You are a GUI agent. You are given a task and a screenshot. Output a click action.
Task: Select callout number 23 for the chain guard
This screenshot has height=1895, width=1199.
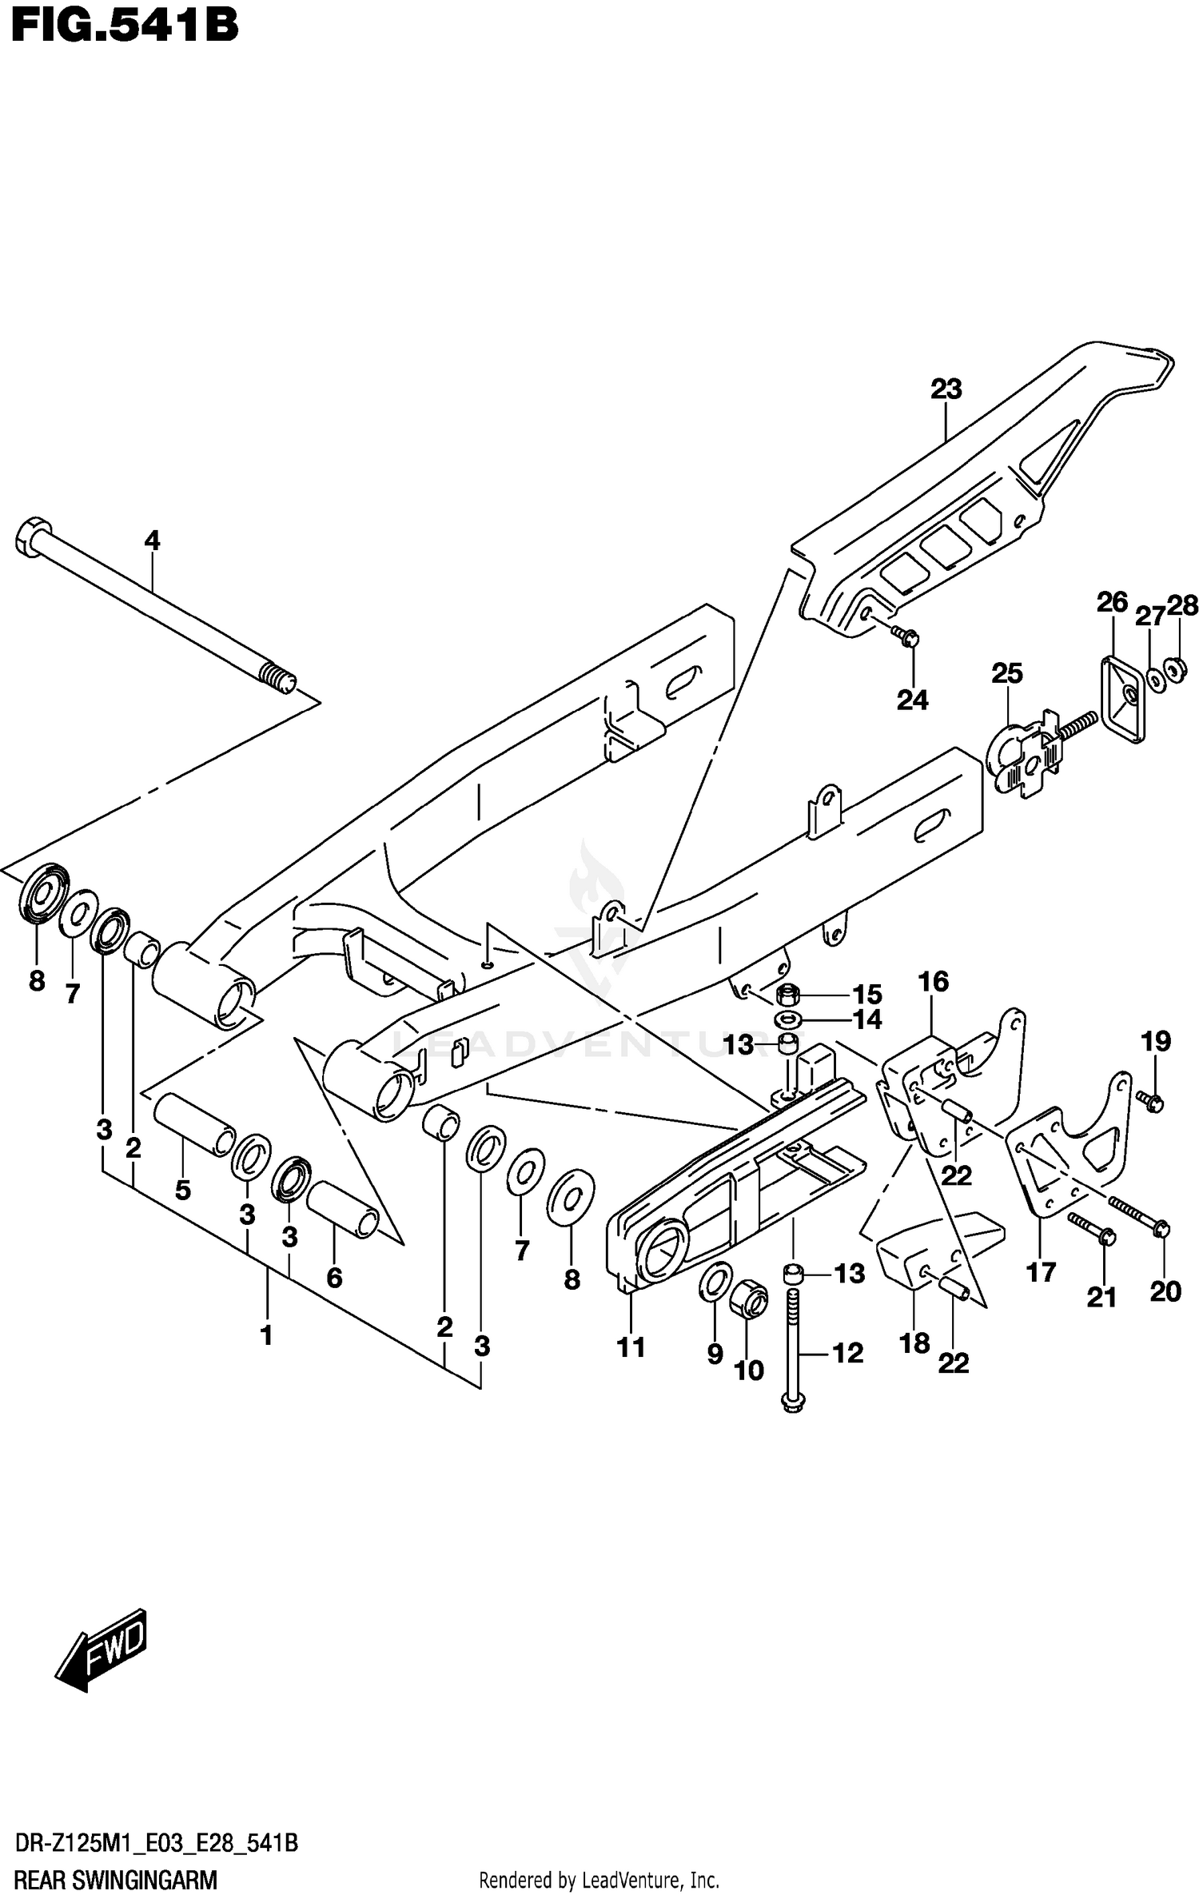946,389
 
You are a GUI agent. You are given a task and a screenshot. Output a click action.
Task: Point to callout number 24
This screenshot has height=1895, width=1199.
912,700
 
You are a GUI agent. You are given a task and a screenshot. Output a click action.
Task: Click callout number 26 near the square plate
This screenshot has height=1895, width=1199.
1111,602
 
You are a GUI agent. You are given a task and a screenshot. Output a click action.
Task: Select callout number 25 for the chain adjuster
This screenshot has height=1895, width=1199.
1006,673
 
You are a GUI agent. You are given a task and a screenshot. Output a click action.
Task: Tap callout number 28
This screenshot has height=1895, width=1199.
1182,606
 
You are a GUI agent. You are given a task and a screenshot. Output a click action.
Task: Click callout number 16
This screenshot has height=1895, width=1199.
933,981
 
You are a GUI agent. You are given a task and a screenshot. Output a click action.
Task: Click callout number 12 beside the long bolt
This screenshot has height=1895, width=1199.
848,1353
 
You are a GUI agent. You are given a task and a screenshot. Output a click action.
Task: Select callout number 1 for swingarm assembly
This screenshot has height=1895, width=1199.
267,1334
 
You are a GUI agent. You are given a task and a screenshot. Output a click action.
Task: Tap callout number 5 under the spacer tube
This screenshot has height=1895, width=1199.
183,1190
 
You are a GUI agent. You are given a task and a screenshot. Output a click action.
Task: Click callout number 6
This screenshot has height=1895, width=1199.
334,1278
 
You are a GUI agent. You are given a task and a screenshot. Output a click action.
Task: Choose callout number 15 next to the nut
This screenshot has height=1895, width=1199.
866,995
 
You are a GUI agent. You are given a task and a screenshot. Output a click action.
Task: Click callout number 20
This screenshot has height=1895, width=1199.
1165,1291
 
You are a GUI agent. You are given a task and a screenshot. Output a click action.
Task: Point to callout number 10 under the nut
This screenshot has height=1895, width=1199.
748,1370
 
